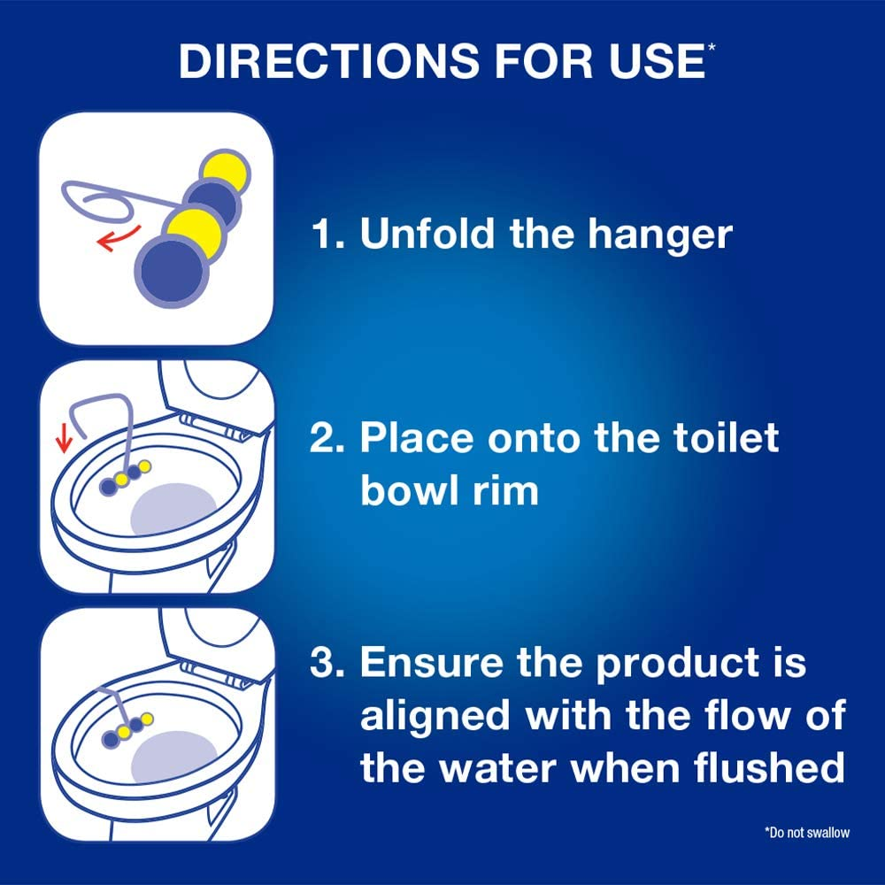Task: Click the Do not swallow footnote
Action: [x=805, y=832]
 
